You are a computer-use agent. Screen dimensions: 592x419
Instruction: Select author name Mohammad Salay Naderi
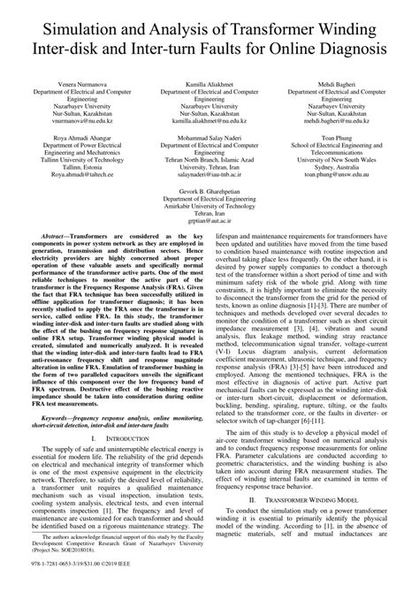coord(209,139)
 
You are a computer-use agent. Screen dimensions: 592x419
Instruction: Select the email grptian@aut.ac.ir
coord(209,225)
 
